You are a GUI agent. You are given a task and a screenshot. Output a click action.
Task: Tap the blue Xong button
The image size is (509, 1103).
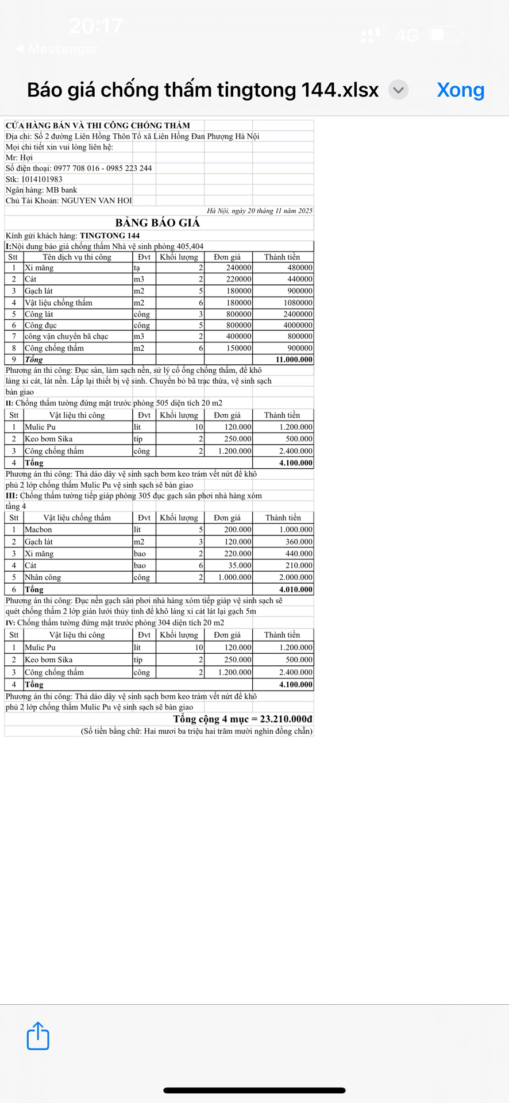coord(460,90)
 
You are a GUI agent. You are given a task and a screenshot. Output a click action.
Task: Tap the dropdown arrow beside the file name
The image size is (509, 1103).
coord(398,90)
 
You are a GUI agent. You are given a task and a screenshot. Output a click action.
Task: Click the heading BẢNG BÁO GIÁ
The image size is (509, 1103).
coord(157,223)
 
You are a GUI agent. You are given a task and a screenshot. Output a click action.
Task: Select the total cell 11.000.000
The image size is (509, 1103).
coord(294,360)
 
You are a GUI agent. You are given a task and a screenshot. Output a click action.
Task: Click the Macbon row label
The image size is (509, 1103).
coord(38,530)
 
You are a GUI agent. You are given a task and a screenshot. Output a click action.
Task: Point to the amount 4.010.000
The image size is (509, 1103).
coord(296,589)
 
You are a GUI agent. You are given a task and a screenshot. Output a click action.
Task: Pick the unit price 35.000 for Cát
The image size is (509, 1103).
coord(238,565)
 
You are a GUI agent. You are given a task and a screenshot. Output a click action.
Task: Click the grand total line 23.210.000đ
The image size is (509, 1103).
coord(242,719)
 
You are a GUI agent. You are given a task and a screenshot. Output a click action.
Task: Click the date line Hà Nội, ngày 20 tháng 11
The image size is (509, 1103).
coord(260,211)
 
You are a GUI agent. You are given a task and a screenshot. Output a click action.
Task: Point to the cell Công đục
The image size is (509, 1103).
coord(41,325)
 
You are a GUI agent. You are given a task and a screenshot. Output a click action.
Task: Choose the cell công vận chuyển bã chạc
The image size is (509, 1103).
coord(66,336)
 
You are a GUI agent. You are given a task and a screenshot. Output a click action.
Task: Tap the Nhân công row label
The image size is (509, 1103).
coord(43,577)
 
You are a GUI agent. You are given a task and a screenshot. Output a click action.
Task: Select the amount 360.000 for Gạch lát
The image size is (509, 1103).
coord(299,542)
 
